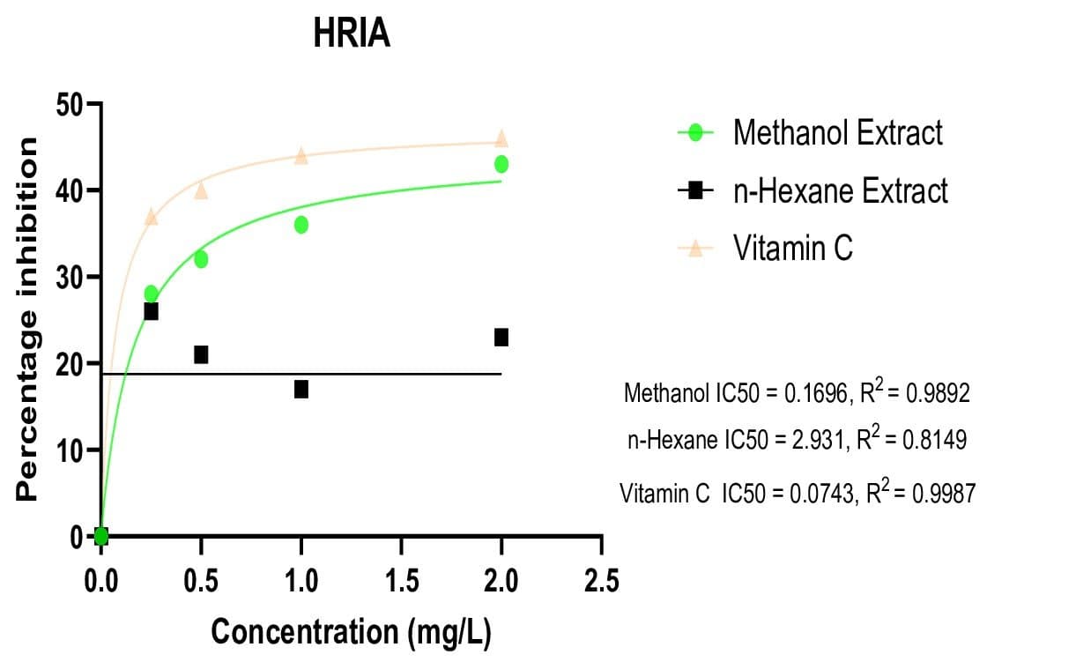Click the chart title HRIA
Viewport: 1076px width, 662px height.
[x=351, y=35]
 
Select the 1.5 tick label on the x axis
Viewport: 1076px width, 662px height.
[x=401, y=582]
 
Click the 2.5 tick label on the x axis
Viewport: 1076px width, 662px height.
[x=601, y=582]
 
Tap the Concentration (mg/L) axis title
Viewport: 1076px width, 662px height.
[x=351, y=632]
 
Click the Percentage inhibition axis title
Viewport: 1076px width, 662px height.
[x=27, y=319]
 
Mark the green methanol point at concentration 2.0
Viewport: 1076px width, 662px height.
[x=501, y=164]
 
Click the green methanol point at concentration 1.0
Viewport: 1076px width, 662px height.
[x=301, y=225]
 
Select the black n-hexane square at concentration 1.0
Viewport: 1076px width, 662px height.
[x=301, y=389]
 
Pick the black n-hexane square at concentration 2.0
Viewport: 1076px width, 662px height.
[x=501, y=337]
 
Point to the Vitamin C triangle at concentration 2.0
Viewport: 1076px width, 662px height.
[x=501, y=138]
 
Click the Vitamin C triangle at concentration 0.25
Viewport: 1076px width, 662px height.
[x=151, y=217]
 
